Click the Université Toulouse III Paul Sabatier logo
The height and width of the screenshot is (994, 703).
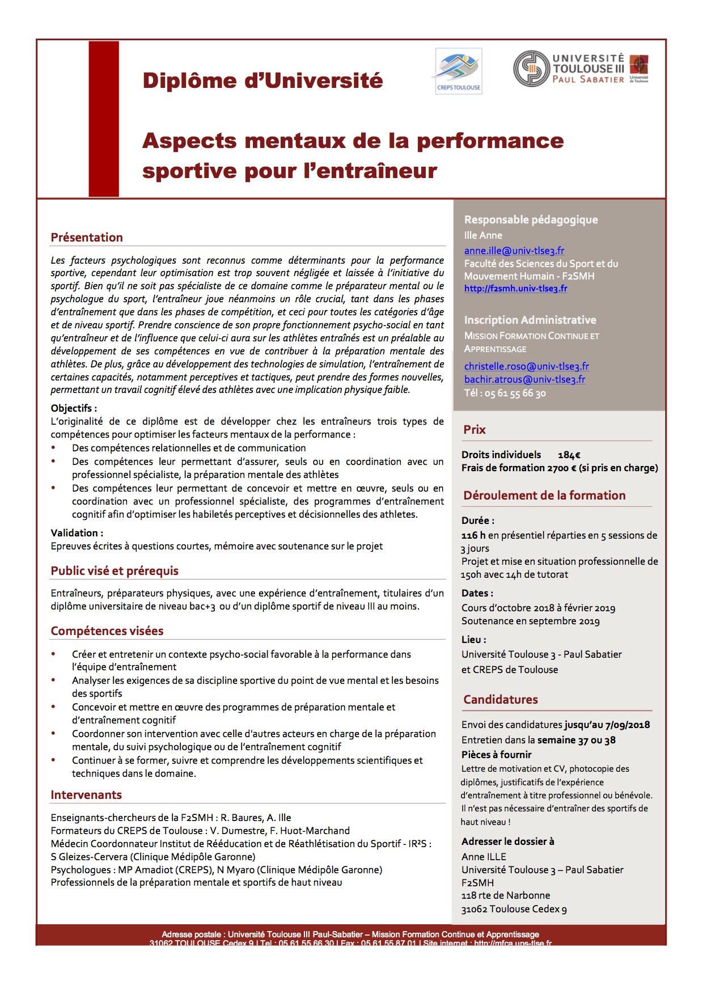pyautogui.click(x=581, y=69)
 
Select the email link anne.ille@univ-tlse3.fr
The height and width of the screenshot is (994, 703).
pyautogui.click(x=514, y=251)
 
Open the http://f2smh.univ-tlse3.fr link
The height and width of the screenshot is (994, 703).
pyautogui.click(x=515, y=289)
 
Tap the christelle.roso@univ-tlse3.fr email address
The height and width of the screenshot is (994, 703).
pyautogui.click(x=526, y=366)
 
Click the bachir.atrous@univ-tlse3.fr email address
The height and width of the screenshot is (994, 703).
pyautogui.click(x=524, y=379)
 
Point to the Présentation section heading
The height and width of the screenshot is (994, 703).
pyautogui.click(x=87, y=238)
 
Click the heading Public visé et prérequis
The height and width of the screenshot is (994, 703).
pyautogui.click(x=115, y=571)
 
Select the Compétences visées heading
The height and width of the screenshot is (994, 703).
pyautogui.click(x=107, y=631)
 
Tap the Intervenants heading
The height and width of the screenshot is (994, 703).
pyautogui.click(x=86, y=795)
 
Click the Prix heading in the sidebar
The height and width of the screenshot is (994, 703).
pyautogui.click(x=475, y=430)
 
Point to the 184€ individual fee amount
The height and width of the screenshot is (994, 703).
pyautogui.click(x=569, y=455)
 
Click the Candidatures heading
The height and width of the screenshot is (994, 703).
pyautogui.click(x=501, y=700)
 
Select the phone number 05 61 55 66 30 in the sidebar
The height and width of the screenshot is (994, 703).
pyautogui.click(x=515, y=394)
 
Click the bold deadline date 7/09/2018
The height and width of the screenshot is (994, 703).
pyautogui.click(x=628, y=725)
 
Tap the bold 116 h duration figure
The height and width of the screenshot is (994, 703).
pyautogui.click(x=473, y=535)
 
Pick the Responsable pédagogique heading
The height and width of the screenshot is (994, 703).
pyautogui.click(x=531, y=220)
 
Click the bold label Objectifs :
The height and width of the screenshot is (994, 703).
pyautogui.click(x=74, y=408)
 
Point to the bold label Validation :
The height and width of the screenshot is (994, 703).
pyautogui.click(x=77, y=533)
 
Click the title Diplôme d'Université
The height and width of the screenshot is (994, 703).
pyautogui.click(x=262, y=81)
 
